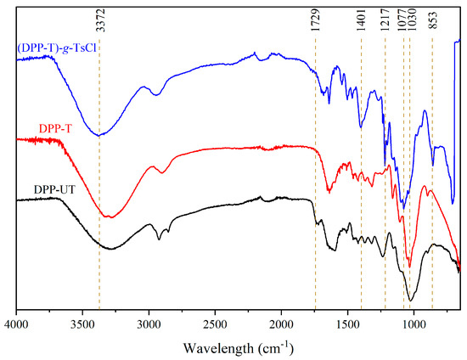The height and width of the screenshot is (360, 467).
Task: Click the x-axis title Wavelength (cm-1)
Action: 238,347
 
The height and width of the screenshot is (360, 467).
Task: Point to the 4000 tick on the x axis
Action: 17,323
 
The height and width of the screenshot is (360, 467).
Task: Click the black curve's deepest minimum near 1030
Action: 410,300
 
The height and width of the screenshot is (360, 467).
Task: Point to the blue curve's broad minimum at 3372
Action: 99,135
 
